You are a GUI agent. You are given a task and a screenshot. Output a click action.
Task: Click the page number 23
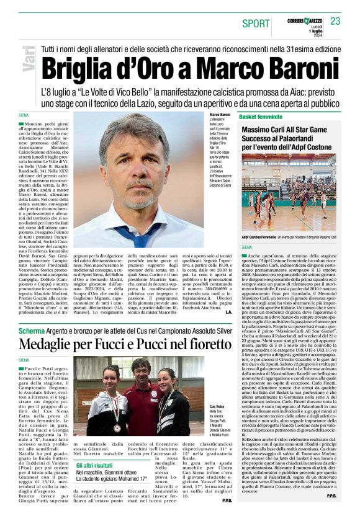335,21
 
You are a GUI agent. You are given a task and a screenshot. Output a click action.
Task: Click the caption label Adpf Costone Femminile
259,237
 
